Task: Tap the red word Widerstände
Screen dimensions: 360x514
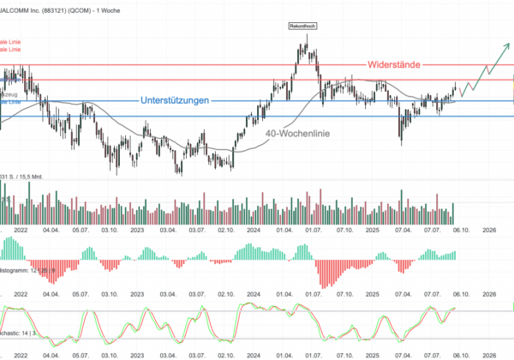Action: tap(399, 65)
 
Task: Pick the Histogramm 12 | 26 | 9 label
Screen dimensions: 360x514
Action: tap(17, 271)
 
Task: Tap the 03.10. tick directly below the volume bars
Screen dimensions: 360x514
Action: tap(110, 230)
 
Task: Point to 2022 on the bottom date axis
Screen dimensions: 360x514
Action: tap(20, 354)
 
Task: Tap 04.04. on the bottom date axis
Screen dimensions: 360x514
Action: tap(51, 354)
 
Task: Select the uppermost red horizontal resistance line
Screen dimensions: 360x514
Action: tap(257, 65)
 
